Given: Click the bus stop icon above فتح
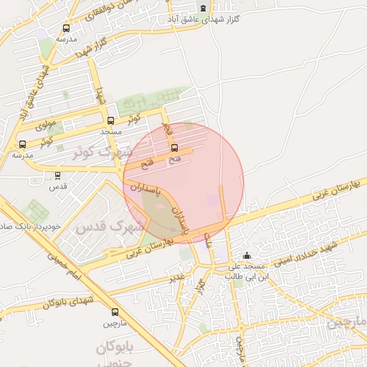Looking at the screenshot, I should [175, 148].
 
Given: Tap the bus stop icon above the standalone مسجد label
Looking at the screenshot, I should [110, 121].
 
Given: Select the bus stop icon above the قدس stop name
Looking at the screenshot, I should [57, 175].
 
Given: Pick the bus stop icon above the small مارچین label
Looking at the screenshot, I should [115, 312].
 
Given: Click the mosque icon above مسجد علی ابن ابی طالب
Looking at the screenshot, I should [247, 256].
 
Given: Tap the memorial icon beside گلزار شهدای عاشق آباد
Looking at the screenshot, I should [203, 9].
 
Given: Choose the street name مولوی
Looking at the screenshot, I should [46, 123].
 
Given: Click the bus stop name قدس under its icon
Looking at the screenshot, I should [57, 186].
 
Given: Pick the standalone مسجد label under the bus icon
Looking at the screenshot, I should [110, 132].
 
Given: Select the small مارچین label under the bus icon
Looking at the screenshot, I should [115, 323].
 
